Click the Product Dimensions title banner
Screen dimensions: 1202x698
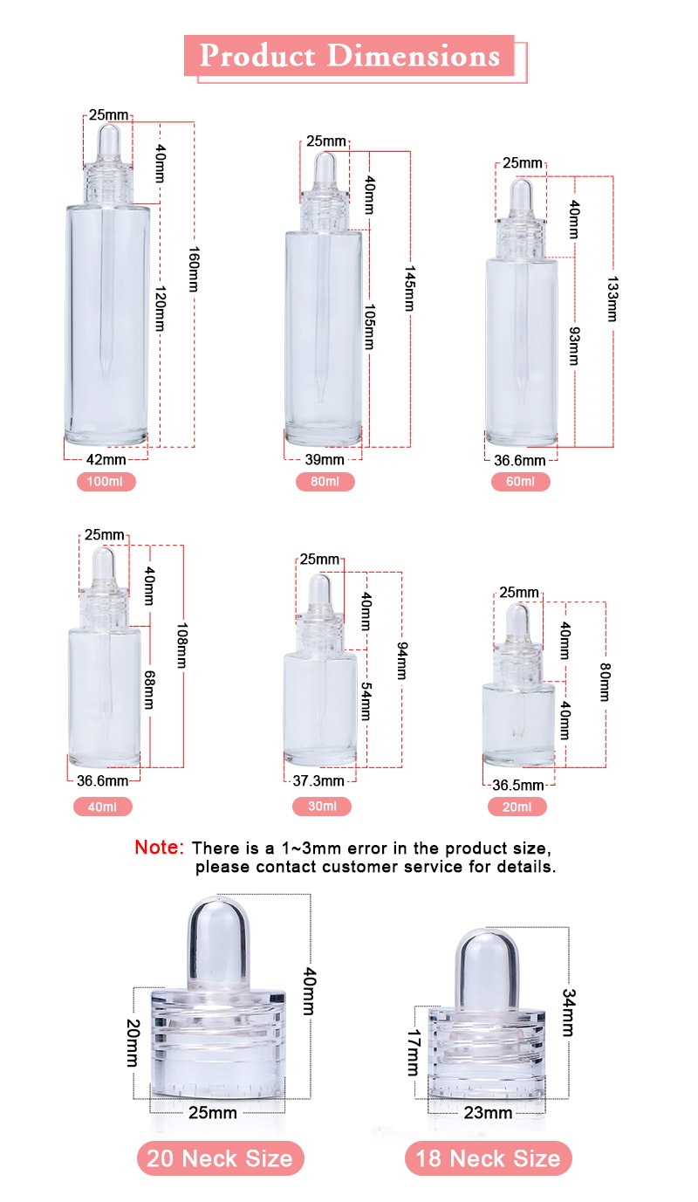coord(350,56)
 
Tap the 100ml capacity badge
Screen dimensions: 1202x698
coord(106,481)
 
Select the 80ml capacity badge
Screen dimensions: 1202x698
coord(325,481)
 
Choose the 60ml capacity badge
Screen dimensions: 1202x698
coord(520,481)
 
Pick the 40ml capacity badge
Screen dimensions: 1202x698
coord(103,807)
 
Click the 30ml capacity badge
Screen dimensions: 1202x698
coord(322,807)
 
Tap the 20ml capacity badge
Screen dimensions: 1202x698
coord(517,807)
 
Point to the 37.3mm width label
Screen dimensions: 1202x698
coord(320,780)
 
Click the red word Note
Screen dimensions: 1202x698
coord(159,848)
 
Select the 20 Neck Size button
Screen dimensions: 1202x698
coord(220,1158)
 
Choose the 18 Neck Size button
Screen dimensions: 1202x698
coord(488,1158)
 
